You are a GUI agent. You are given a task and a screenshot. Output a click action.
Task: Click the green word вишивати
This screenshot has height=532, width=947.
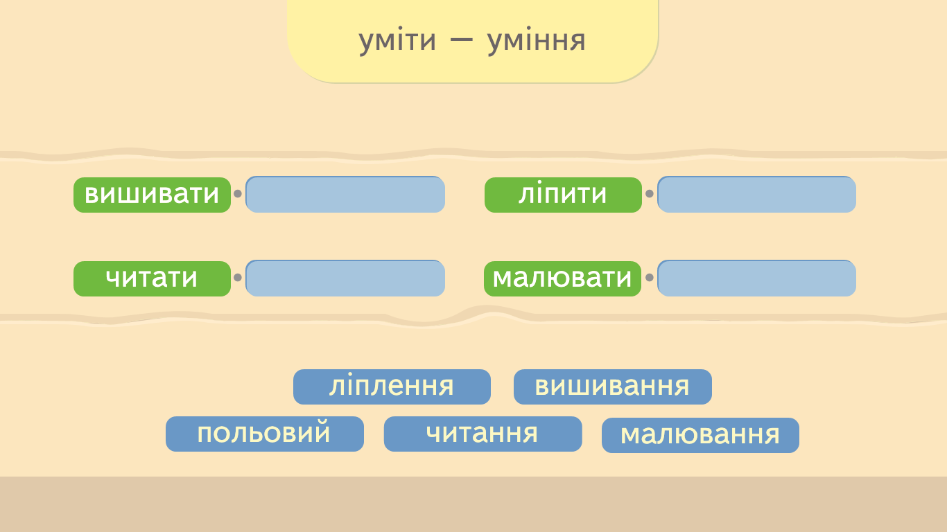click(x=153, y=195)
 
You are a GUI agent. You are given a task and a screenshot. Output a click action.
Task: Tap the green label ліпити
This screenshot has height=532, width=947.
click(x=563, y=195)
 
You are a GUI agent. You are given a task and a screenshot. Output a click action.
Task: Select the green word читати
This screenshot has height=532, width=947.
click(x=153, y=278)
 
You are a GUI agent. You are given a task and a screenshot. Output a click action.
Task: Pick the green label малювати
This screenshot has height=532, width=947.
click(x=563, y=278)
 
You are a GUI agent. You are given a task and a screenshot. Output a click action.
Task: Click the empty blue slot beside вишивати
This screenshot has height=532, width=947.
click(x=345, y=195)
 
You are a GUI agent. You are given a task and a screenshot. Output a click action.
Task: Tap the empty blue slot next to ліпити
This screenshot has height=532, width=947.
click(x=756, y=195)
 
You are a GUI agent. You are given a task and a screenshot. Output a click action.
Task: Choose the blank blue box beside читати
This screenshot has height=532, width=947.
click(x=345, y=278)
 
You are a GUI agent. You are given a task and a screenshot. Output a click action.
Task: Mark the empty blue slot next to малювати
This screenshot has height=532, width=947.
click(x=756, y=278)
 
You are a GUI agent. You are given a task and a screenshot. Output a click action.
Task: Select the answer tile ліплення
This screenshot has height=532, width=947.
click(x=392, y=387)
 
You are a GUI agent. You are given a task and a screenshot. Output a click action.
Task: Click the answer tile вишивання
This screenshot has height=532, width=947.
click(x=613, y=387)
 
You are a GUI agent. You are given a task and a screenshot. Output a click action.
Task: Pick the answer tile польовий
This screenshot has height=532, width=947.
click(x=265, y=434)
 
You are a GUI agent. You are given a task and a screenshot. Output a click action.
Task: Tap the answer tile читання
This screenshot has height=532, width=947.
click(x=483, y=434)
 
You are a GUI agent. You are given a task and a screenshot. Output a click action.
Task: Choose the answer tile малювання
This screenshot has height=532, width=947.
click(x=700, y=435)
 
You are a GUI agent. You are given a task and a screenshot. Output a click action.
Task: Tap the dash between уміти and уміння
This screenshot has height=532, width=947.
click(x=461, y=39)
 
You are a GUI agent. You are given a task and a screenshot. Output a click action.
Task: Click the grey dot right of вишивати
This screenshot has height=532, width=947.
click(x=238, y=193)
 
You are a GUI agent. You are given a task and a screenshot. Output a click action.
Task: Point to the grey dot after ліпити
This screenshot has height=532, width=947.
click(x=650, y=193)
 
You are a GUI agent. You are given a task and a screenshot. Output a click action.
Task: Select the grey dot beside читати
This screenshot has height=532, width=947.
click(x=238, y=277)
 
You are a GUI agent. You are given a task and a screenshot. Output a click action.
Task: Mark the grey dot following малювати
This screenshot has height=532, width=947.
click(x=650, y=277)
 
